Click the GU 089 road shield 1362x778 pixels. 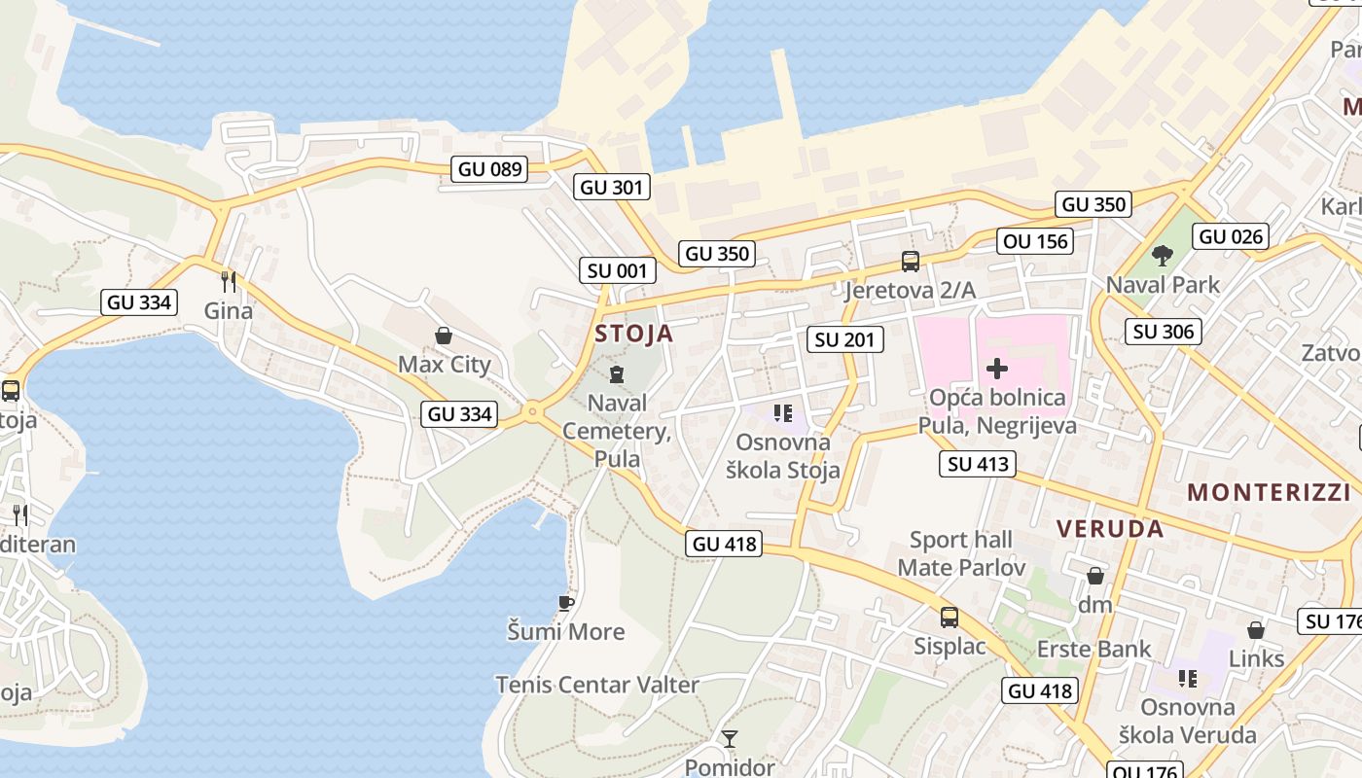pos(490,168)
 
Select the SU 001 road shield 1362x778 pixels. pos(617,270)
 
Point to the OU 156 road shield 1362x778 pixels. pos(1034,240)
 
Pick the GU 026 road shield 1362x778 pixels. pos(1231,236)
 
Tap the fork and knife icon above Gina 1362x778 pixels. pos(229,282)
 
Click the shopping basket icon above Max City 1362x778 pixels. pos(444,336)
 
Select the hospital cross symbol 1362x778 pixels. pos(997,369)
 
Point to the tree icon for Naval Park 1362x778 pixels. pos(1162,256)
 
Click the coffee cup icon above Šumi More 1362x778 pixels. pos(566,604)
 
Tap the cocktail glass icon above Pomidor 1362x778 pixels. pos(730,739)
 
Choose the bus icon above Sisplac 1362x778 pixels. pos(950,617)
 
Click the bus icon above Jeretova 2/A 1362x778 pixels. pos(911,261)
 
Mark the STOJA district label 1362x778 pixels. pos(633,334)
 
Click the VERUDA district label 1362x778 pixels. pos(1110,529)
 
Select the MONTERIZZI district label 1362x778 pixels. pos(1269,492)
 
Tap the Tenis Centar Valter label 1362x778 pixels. pos(597,685)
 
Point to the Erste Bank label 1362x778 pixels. pos(1093,649)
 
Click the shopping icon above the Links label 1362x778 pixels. pos(1256,630)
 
